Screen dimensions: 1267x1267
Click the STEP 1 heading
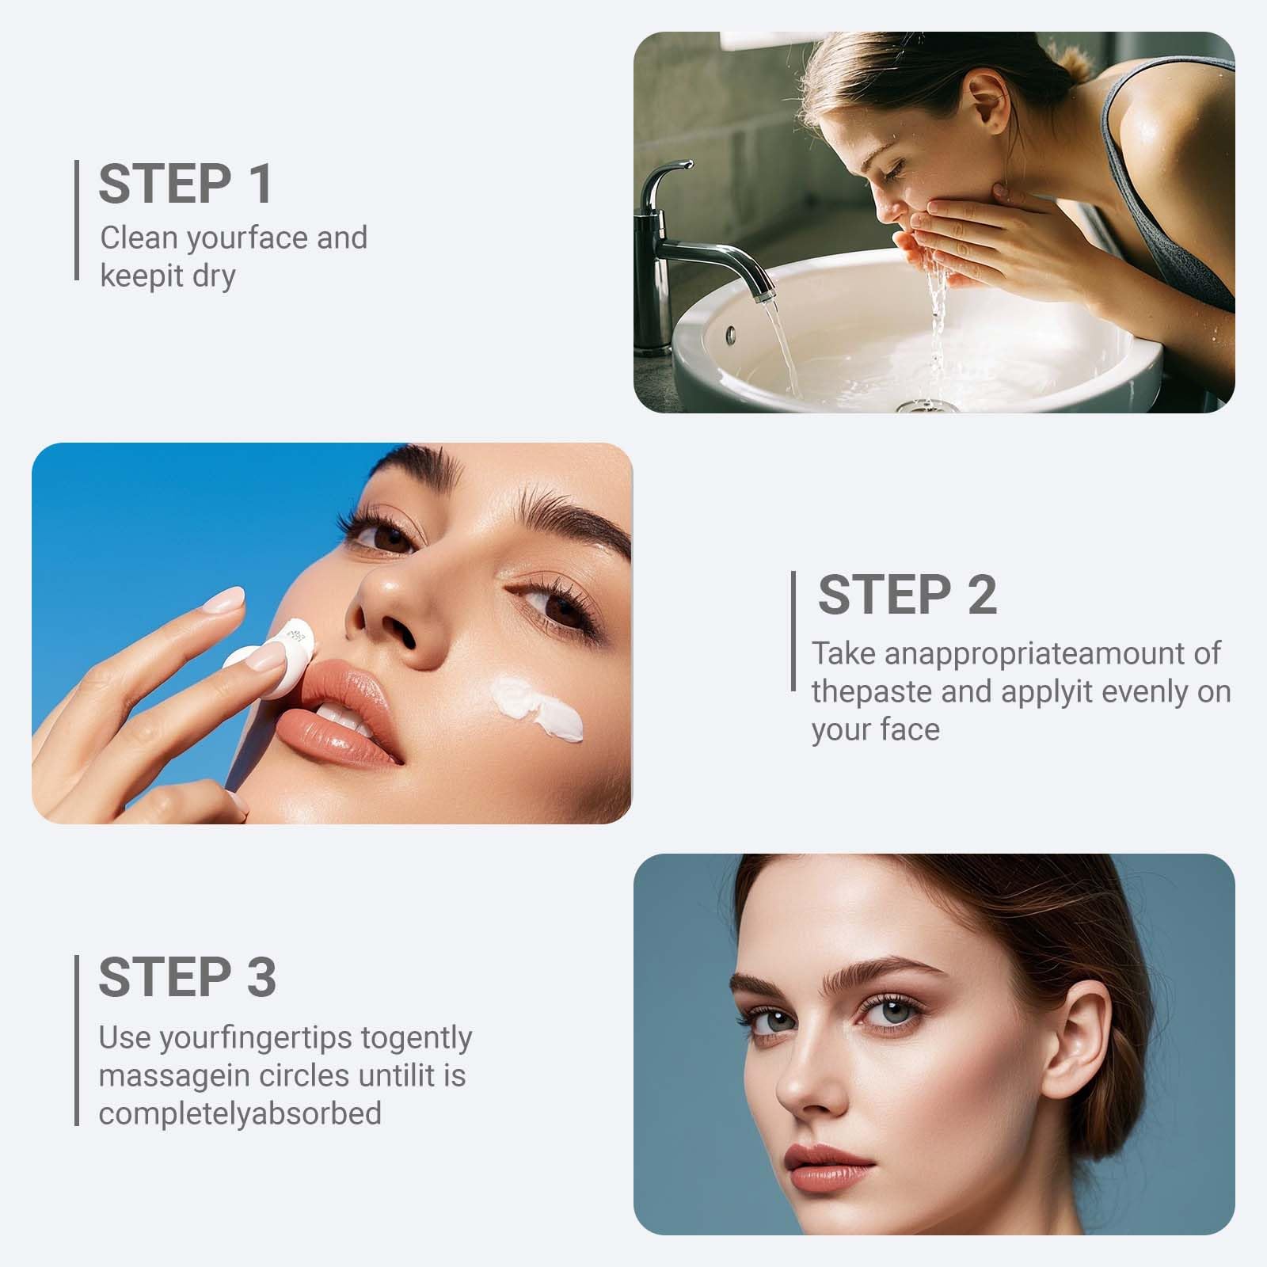185,184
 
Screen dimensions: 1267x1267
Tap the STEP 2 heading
907,595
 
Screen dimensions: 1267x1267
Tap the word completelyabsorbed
240,1114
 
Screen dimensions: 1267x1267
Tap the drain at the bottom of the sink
926,405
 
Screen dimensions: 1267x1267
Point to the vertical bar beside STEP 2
793,631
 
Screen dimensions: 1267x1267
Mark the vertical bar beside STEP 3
77,1040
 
